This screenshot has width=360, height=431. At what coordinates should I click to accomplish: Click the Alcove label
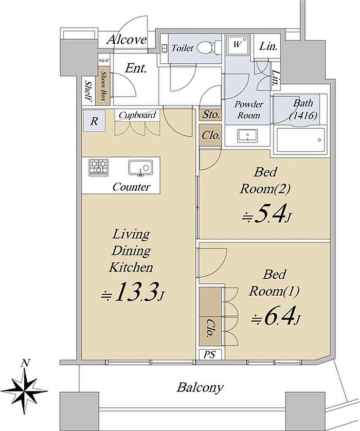point(127,40)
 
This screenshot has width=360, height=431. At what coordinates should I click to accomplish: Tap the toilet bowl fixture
point(209,48)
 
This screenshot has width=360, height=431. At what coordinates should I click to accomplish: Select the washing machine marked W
point(238,45)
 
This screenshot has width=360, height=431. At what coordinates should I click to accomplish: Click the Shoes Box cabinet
point(105,85)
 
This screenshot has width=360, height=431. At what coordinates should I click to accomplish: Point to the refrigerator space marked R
point(94,121)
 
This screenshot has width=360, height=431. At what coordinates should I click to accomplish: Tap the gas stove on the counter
point(98,167)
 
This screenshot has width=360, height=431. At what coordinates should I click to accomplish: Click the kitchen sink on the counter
point(140,167)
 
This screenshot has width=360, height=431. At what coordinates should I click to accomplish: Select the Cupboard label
point(137,115)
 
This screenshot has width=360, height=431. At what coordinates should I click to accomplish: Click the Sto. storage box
point(210,115)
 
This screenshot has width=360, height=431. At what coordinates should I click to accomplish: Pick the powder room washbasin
point(247,135)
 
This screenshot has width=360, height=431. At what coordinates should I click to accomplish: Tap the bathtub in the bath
point(301,139)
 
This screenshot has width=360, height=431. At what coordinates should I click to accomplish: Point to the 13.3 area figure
point(132,293)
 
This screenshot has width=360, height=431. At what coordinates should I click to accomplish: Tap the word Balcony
point(200,388)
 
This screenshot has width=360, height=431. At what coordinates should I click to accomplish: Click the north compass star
point(25,390)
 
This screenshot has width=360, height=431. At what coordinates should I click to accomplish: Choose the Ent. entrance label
point(136,68)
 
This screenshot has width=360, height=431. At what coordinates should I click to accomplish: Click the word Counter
point(131,187)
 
